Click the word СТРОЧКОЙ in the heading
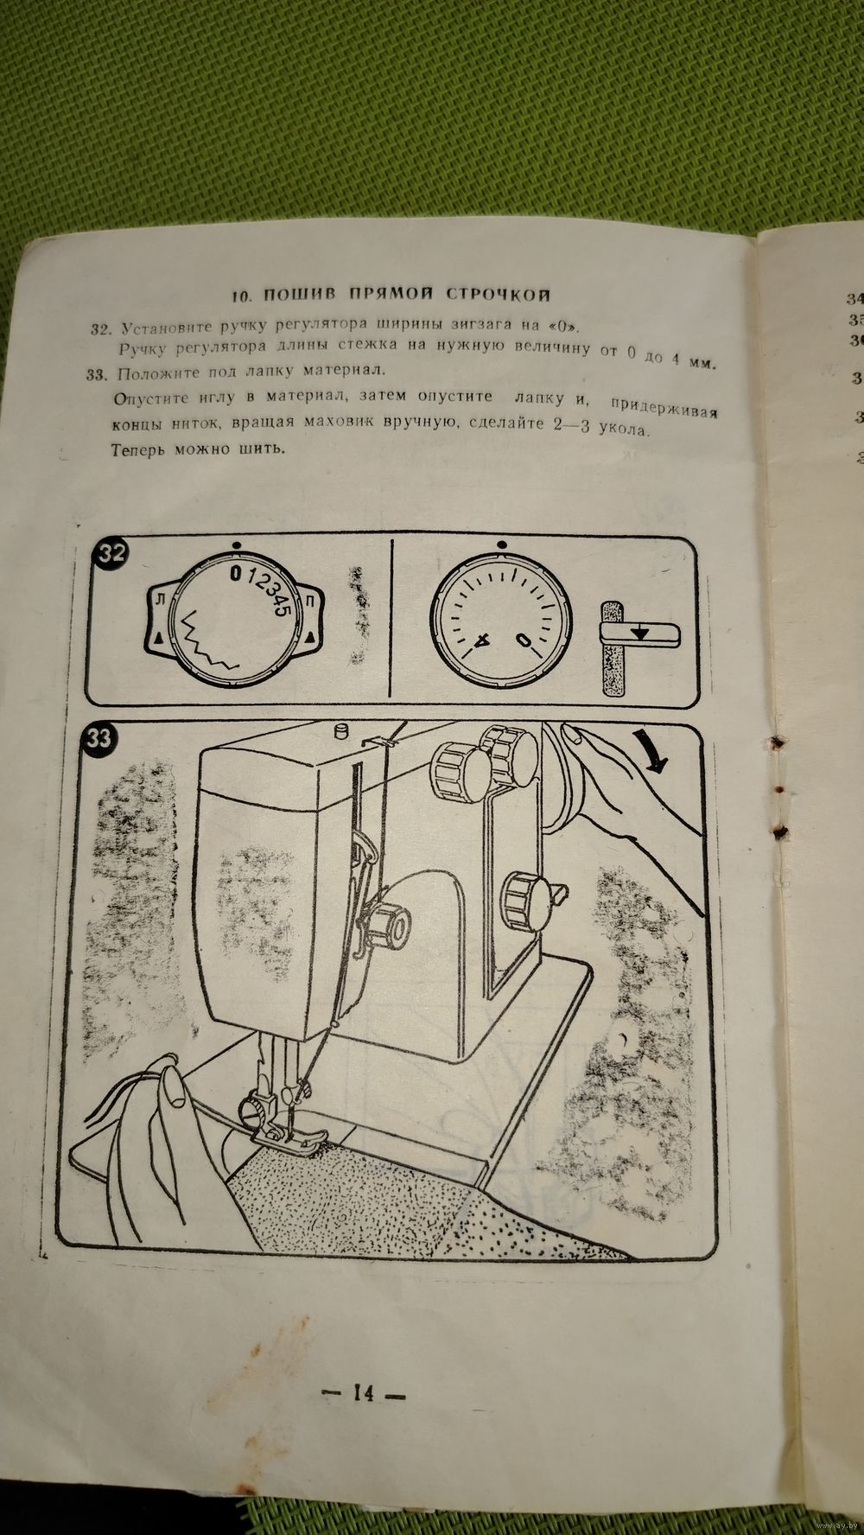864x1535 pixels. click(x=499, y=295)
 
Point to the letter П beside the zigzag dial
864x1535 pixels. click(x=308, y=598)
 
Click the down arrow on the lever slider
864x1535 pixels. click(x=639, y=633)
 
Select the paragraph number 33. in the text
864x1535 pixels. click(x=101, y=373)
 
